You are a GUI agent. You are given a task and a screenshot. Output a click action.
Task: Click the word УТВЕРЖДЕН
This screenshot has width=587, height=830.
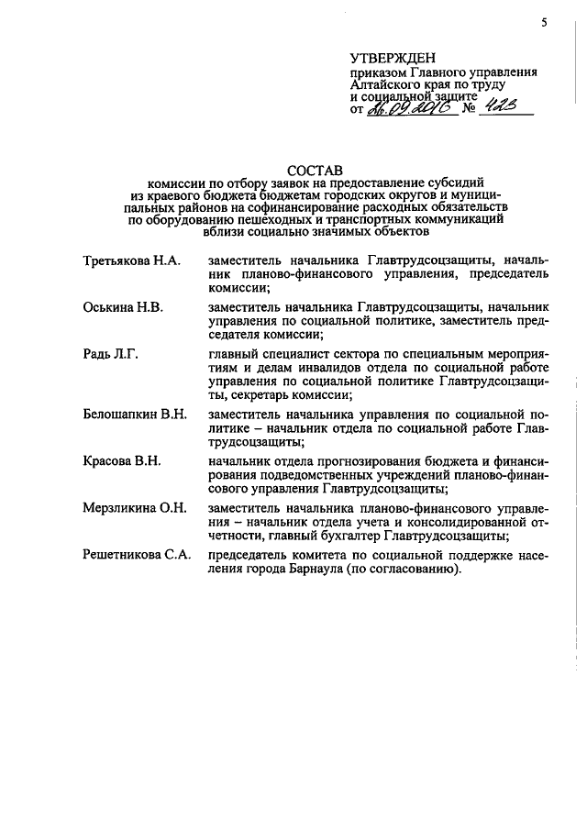389,59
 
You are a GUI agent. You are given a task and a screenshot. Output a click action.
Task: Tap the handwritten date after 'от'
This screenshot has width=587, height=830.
406,109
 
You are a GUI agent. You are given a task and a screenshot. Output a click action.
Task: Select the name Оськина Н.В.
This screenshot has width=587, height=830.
123,306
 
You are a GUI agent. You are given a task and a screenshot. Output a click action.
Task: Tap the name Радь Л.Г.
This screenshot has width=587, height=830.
109,353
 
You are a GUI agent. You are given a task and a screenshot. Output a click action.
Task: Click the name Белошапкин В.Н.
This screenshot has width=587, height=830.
134,415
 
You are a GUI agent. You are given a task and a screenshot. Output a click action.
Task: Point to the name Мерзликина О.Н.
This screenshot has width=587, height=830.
134,507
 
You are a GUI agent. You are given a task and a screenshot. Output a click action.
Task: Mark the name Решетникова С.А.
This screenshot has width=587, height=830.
136,554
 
